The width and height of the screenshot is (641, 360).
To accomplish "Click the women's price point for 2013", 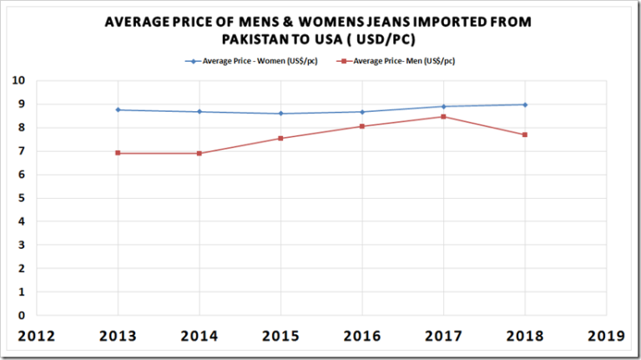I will click(118, 109).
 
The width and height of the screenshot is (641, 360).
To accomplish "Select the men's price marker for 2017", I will click(443, 117).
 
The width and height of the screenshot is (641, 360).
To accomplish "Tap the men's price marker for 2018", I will click(524, 134).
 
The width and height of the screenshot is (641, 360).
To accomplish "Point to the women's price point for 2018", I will click(524, 104).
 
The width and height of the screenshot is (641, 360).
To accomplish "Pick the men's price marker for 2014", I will click(199, 153).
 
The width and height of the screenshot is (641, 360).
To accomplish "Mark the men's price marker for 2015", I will click(280, 138).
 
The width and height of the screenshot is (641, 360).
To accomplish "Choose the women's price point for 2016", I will click(361, 112).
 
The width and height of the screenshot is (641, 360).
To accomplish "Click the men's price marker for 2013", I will click(118, 153).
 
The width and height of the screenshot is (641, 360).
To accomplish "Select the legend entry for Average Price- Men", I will click(397, 61).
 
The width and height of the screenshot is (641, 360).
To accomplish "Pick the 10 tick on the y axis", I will click(18, 81).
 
